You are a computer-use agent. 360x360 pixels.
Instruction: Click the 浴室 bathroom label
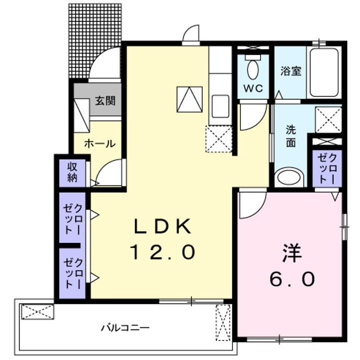click(290, 71)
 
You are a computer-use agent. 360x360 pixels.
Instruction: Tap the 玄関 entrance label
click(105, 101)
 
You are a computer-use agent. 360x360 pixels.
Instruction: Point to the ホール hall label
click(100, 143)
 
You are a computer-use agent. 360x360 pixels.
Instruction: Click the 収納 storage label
click(72, 171)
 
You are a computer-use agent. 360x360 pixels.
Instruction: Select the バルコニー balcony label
click(124, 328)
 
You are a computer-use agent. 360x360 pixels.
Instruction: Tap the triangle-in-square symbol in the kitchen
click(189, 98)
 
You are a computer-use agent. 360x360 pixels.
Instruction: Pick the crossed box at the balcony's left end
click(37, 313)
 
